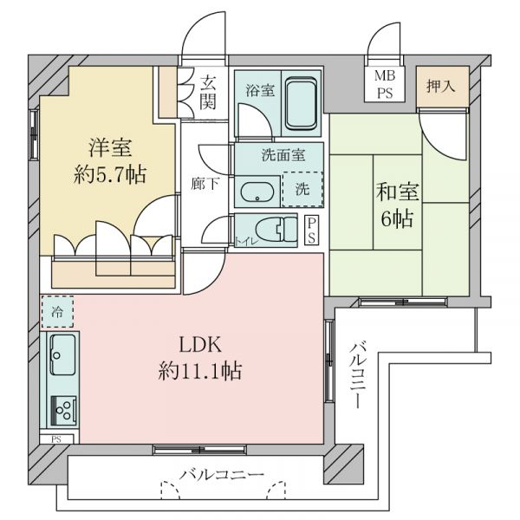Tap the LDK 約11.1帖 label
coord(200,359)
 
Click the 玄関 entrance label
coord(209,93)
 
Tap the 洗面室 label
coord(279,157)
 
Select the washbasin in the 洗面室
coord(257,192)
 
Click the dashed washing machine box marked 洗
coord(301,188)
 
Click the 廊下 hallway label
coord(203,184)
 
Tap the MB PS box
coord(383,86)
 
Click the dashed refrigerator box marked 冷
coord(56,311)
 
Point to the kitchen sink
coord(62,354)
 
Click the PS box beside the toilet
coord(312,231)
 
